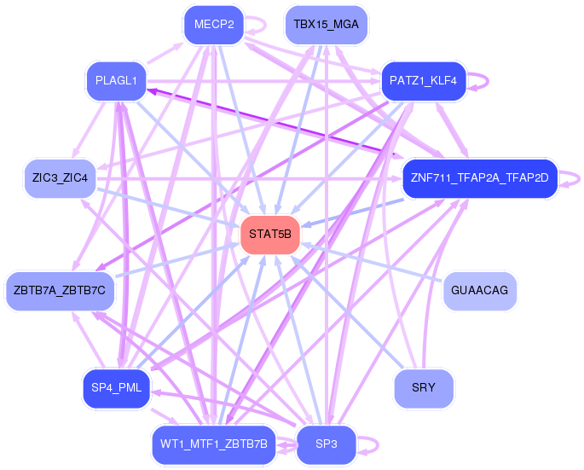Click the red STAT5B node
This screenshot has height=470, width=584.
click(270, 235)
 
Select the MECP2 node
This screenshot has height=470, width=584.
click(214, 25)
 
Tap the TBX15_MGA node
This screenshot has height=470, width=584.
click(327, 25)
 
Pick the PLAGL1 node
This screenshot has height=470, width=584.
click(116, 81)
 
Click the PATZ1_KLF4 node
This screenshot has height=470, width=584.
click(424, 81)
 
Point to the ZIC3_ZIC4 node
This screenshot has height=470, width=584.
click(60, 178)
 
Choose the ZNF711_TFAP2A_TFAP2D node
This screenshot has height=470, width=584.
click(480, 178)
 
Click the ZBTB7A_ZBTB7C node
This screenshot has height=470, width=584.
click(60, 291)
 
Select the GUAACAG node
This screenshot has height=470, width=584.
click(480, 291)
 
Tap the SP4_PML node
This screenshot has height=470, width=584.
click(116, 388)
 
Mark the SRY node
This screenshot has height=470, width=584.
click(424, 388)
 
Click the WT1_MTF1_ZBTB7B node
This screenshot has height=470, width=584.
click(214, 444)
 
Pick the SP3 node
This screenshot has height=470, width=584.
click(327, 444)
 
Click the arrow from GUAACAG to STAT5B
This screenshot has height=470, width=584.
click(372, 262)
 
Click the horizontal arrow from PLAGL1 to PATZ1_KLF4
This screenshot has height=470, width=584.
click(263, 81)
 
